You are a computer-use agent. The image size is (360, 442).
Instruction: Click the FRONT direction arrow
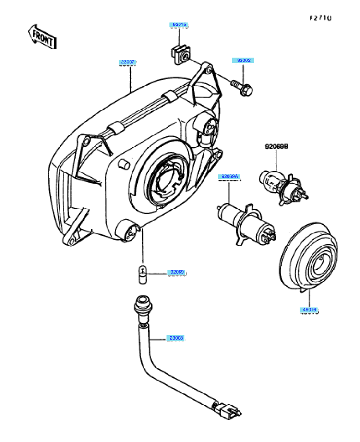(x=43, y=37)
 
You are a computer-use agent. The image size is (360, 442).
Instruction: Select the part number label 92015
(x=178, y=25)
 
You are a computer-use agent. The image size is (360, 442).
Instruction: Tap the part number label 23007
(x=128, y=62)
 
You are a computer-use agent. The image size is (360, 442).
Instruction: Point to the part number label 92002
(x=244, y=61)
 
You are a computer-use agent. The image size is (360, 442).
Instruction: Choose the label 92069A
(x=228, y=177)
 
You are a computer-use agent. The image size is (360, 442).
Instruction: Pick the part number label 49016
(x=309, y=310)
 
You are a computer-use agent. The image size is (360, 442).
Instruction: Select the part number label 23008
(x=176, y=338)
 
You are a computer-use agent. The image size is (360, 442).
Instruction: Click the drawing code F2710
(x=320, y=18)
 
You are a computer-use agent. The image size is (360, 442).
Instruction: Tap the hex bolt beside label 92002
(x=242, y=88)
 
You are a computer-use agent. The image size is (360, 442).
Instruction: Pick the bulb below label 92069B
(x=281, y=184)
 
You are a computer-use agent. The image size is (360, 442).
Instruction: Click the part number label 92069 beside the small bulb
(x=176, y=272)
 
